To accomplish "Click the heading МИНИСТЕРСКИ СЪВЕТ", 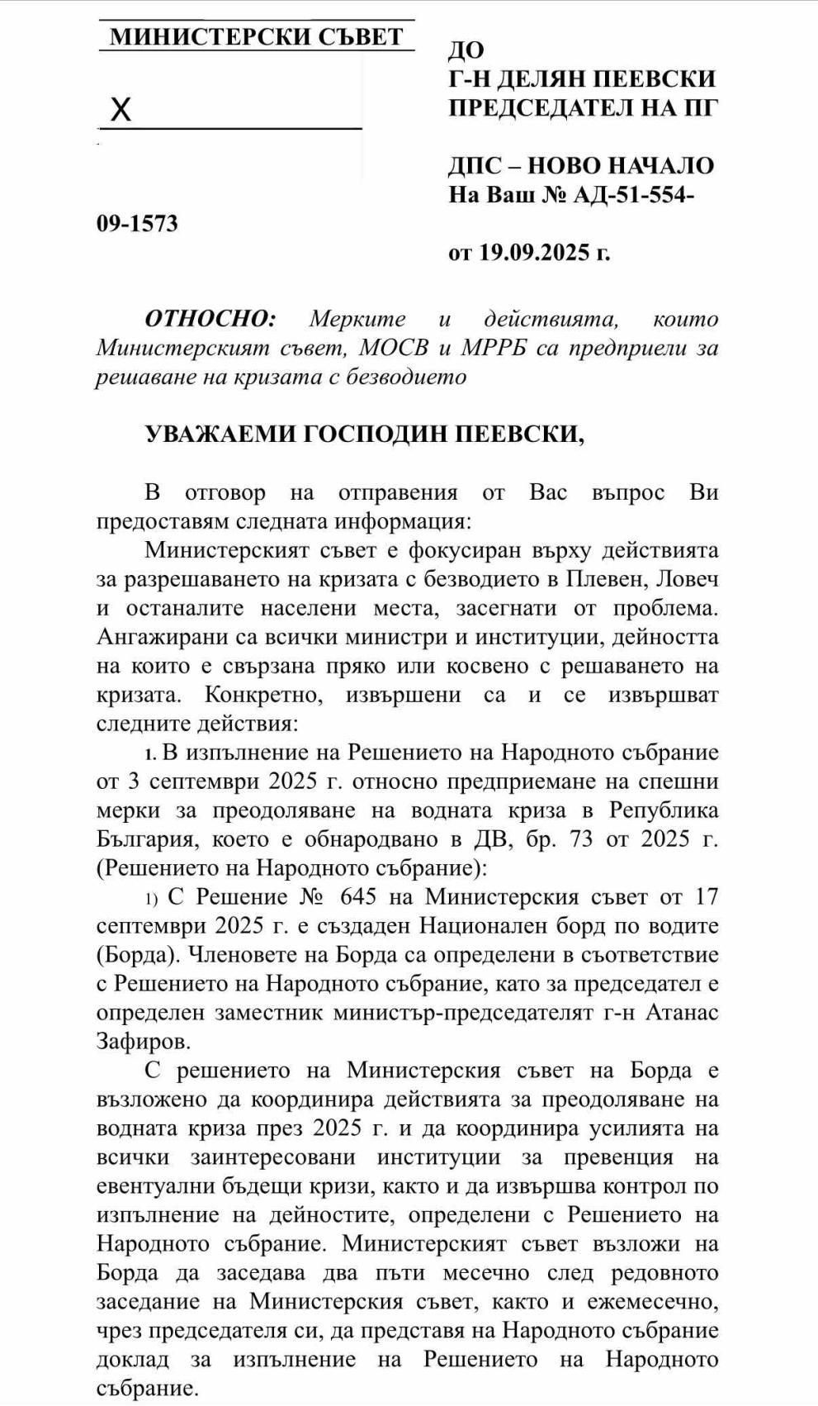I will [257, 37].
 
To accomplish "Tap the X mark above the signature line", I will [121, 109].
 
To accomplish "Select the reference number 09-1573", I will [137, 224].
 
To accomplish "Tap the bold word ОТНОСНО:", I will [210, 319].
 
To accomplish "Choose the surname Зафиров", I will [142, 1042].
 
